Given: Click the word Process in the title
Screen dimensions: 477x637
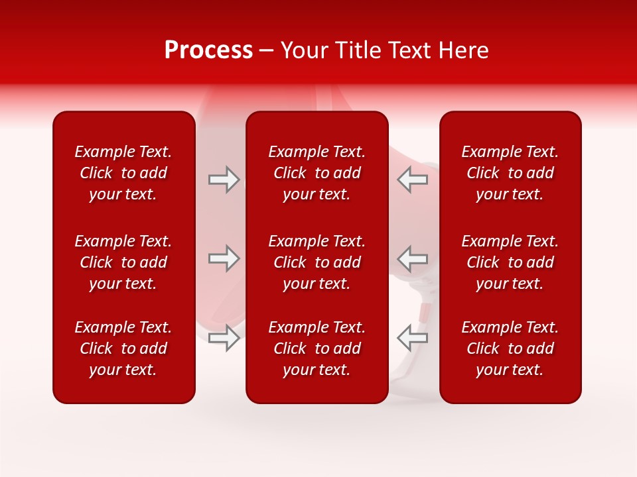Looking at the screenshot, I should [x=208, y=50].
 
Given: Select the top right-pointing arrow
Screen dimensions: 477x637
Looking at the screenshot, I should [x=224, y=180].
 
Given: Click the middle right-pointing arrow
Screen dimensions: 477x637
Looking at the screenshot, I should [x=224, y=258].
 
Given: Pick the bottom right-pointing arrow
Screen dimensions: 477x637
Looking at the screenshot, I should [x=224, y=338].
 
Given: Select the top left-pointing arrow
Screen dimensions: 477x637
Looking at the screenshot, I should [x=412, y=180].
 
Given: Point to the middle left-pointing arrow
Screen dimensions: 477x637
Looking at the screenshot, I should [x=412, y=258].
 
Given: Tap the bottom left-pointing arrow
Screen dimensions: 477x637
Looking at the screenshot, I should [x=412, y=338].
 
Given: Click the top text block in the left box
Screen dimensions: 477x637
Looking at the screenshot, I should [x=123, y=173].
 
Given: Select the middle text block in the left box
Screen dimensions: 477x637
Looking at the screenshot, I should [x=123, y=262].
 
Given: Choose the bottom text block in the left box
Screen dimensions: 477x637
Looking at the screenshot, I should [x=123, y=348].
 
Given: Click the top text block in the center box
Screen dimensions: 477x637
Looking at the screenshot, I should [x=317, y=173].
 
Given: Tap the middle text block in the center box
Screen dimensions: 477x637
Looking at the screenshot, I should [x=317, y=262].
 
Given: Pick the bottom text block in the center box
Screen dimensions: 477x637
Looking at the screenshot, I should [x=317, y=348].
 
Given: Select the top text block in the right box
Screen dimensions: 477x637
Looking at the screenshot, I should [x=510, y=173].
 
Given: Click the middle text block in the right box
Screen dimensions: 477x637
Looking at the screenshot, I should [x=510, y=262].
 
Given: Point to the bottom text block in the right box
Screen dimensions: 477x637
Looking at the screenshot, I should [x=510, y=348].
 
